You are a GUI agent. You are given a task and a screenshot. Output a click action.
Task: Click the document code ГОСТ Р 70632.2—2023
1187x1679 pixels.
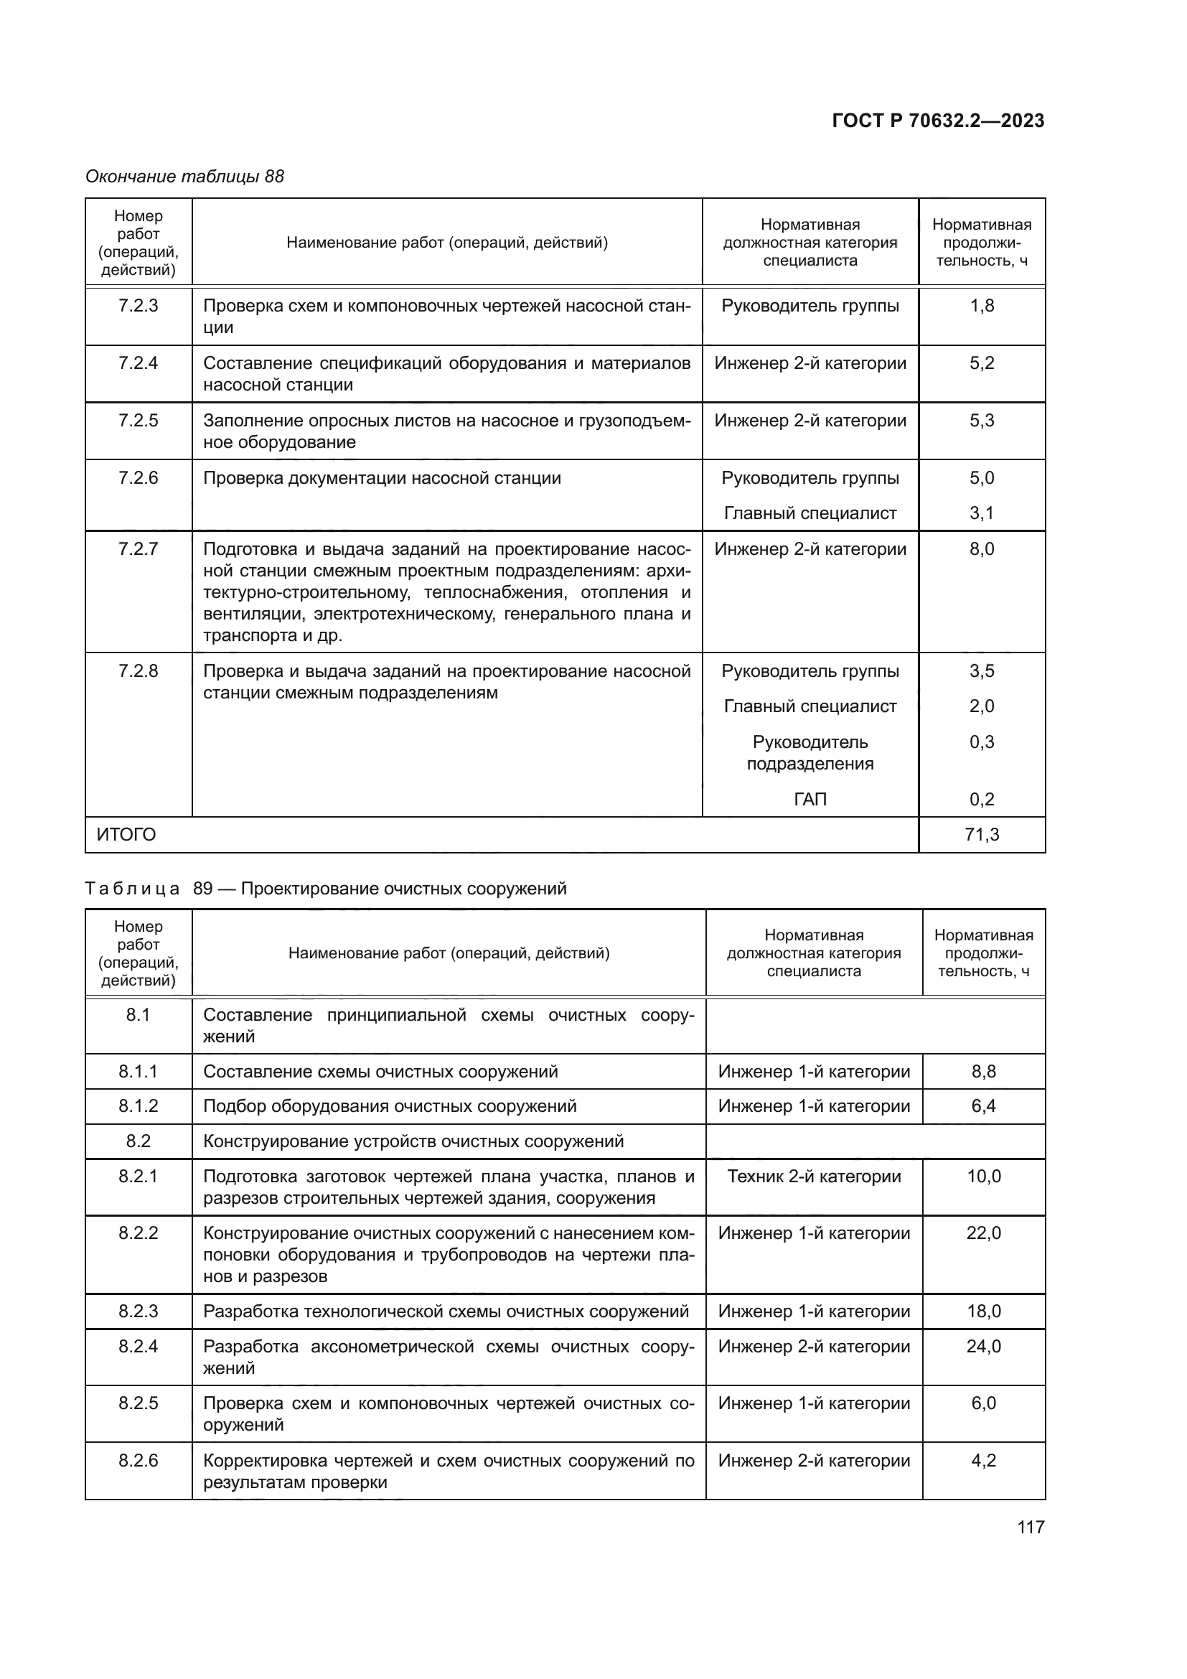(938, 121)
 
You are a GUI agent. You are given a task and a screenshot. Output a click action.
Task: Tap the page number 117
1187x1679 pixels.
(1031, 1526)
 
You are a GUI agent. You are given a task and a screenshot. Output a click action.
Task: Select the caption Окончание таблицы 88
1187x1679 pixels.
(184, 177)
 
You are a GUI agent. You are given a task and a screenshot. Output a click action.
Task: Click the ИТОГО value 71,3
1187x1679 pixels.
(982, 834)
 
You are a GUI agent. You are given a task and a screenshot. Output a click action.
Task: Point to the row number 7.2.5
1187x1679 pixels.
(138, 421)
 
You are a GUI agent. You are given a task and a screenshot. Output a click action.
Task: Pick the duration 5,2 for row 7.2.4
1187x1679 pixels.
(982, 363)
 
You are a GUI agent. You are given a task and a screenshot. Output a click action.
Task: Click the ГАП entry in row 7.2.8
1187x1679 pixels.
(810, 799)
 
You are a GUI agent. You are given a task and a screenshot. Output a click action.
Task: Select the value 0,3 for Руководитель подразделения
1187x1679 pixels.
(982, 742)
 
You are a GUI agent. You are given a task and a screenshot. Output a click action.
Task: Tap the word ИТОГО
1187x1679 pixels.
(126, 834)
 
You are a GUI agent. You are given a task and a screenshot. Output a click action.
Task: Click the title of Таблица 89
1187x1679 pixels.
(326, 889)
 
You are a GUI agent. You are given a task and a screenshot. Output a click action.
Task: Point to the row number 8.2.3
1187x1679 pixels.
(138, 1311)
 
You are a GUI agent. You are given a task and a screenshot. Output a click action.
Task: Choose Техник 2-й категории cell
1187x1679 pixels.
(814, 1177)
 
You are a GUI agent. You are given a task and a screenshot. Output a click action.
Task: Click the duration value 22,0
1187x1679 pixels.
(983, 1234)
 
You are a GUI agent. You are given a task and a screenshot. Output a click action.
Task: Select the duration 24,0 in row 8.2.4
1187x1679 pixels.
(983, 1346)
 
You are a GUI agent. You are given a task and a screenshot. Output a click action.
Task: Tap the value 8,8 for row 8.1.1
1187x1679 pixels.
(983, 1071)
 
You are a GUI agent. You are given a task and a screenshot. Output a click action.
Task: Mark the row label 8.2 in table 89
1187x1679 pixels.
(138, 1141)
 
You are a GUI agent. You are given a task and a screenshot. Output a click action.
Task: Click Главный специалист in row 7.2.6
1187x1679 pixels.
(810, 513)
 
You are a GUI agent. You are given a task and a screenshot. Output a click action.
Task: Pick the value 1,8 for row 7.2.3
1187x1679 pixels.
(982, 306)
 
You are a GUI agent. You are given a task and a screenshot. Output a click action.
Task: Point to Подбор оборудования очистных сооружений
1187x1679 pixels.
(390, 1106)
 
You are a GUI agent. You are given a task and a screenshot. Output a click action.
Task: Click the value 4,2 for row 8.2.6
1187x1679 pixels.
(983, 1460)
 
